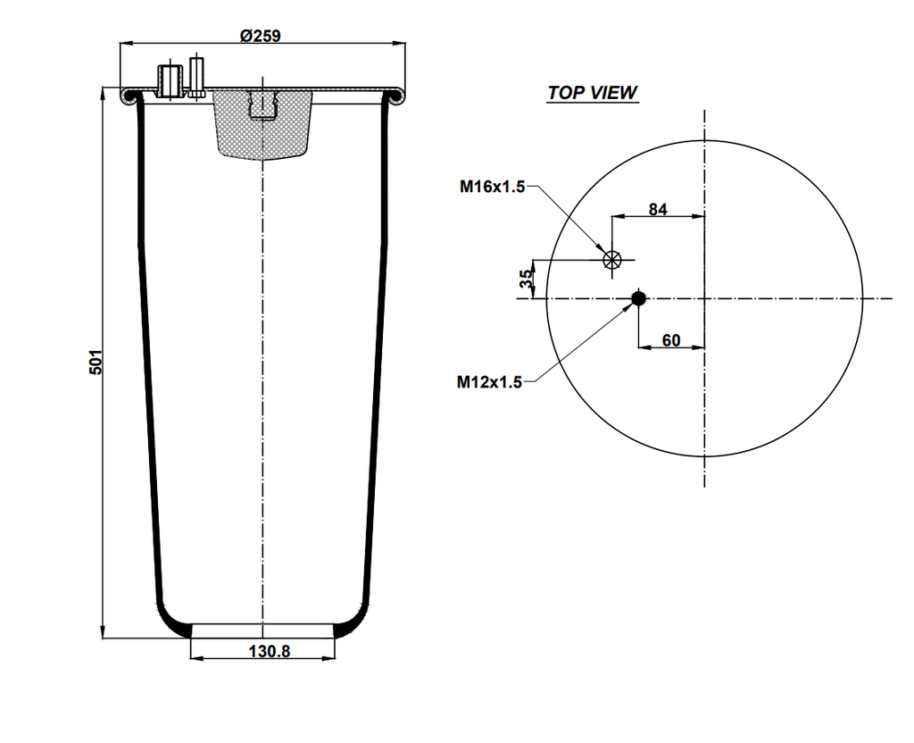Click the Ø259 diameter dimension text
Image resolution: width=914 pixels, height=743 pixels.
(x=261, y=36)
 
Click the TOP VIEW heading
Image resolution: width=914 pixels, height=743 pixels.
(x=593, y=93)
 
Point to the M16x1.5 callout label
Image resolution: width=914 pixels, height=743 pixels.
(x=492, y=187)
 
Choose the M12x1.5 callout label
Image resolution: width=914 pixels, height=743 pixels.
(x=489, y=382)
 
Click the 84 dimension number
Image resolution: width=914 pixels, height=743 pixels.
(x=658, y=210)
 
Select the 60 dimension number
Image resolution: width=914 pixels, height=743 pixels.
(x=671, y=340)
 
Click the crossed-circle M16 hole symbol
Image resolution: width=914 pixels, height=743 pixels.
(x=611, y=260)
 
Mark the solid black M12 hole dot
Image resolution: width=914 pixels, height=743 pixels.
(x=638, y=298)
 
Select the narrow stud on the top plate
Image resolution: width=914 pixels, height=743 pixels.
(x=196, y=78)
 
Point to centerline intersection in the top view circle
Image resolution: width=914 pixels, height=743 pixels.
(x=705, y=298)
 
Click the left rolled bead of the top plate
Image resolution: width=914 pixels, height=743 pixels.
(x=130, y=95)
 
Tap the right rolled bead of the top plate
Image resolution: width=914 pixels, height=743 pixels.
(x=394, y=95)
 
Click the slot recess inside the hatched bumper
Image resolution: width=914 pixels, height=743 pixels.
(x=263, y=104)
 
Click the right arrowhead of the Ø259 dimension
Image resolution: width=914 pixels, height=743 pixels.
(x=398, y=42)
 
